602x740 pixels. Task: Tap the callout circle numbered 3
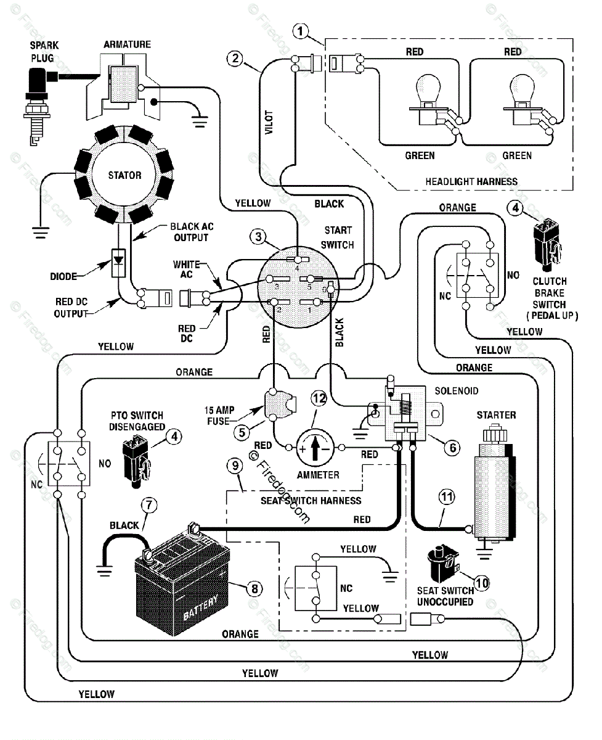click(259, 237)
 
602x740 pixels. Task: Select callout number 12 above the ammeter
click(318, 399)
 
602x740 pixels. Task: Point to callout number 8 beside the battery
click(253, 588)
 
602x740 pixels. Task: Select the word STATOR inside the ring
click(124, 175)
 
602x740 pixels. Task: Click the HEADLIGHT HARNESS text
click(471, 181)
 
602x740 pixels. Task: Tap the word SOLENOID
click(456, 391)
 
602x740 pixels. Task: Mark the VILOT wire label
click(269, 121)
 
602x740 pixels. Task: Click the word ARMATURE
click(127, 44)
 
